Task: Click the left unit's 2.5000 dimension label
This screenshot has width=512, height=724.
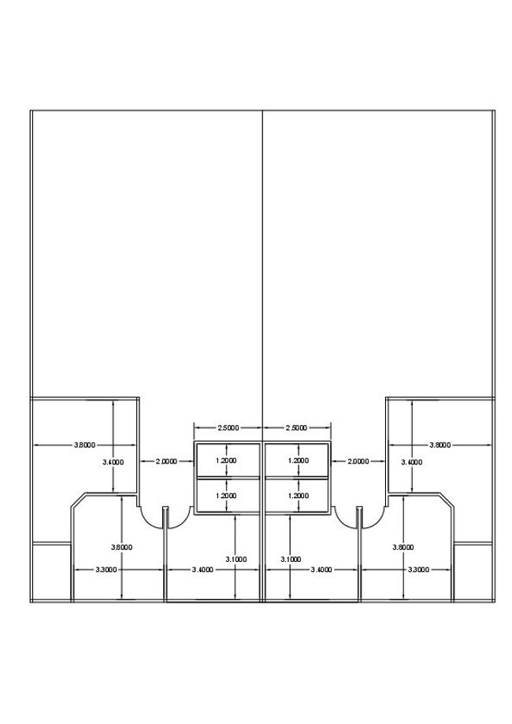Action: (228, 428)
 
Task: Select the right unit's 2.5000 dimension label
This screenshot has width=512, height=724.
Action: (296, 428)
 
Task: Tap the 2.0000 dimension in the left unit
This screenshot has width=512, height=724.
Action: (166, 460)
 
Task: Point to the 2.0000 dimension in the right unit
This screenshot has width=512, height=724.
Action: (358, 460)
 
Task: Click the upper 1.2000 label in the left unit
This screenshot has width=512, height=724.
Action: (226, 460)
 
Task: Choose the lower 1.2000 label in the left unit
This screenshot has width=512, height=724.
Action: (226, 496)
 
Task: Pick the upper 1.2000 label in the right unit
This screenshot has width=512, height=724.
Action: (298, 460)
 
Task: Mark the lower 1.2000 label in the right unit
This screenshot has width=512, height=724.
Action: (298, 496)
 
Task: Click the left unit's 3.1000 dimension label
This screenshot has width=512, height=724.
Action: (236, 559)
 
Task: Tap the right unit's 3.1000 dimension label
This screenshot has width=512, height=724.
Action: (291, 559)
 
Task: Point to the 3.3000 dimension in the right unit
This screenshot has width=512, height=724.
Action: (417, 569)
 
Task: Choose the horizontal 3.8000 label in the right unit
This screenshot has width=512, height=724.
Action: (440, 445)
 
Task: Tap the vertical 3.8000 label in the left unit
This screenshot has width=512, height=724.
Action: (121, 546)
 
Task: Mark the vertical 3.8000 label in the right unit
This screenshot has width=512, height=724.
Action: (403, 546)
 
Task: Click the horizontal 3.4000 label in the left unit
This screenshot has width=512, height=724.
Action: (204, 569)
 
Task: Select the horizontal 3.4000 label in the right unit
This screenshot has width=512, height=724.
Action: (321, 569)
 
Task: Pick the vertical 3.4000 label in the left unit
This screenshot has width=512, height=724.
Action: (113, 462)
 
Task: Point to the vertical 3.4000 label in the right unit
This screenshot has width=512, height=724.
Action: (412, 462)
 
